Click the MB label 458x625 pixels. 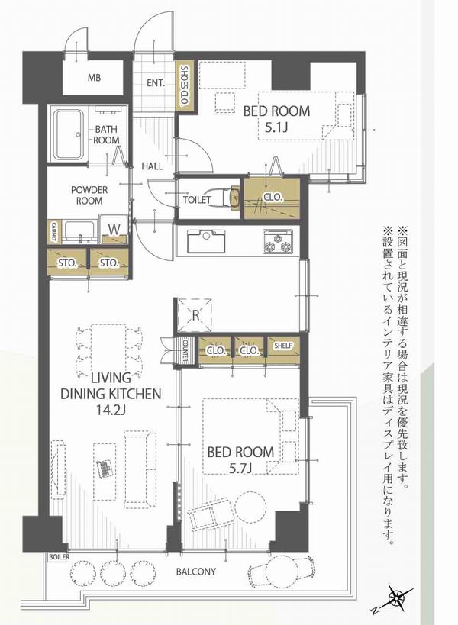94,78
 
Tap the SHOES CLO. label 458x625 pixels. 185,86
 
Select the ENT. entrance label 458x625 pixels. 156,83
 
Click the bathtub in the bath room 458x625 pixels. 69,135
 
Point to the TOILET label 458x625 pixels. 197,199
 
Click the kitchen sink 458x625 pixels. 206,240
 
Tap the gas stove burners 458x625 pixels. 277,241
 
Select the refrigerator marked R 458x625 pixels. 195,315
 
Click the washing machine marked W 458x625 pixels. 114,229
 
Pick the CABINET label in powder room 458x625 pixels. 53,232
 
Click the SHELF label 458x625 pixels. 283,346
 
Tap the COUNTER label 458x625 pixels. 185,350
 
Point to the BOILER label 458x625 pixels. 60,557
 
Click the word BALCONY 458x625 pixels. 196,572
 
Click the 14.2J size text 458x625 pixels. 111,409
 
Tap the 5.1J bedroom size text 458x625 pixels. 276,127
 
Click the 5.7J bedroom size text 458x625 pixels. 240,468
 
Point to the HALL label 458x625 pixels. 152,166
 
